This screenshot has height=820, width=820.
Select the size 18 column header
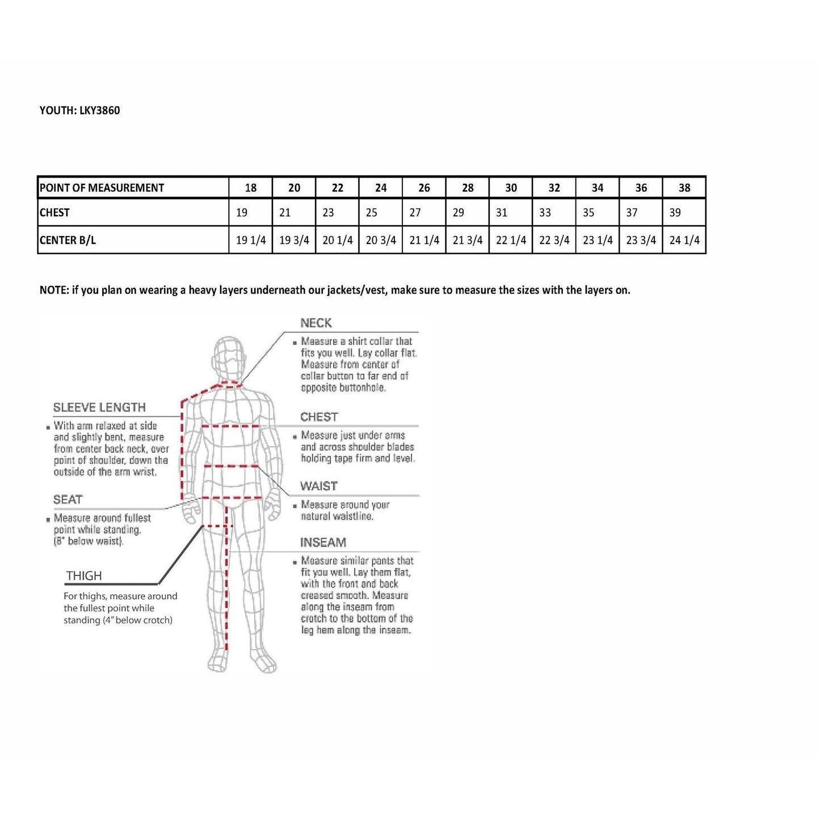[x=250, y=188]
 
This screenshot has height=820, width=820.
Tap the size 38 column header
[x=684, y=188]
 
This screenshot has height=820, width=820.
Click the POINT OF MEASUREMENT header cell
[x=102, y=188]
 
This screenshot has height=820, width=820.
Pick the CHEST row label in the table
[x=54, y=213]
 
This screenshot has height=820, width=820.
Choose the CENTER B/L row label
[x=68, y=240]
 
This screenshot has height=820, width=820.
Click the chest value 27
[x=415, y=213]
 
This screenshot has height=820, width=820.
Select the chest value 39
[x=675, y=213]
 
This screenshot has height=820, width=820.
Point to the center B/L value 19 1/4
[x=251, y=240]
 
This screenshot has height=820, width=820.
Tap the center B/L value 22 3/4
[x=554, y=240]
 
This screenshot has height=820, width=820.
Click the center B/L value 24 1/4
[x=684, y=240]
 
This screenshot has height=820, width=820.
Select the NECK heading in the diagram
[x=316, y=323]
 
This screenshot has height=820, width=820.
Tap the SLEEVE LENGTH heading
[x=99, y=407]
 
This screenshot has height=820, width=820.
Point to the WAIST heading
[x=319, y=486]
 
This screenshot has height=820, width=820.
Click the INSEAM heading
[x=323, y=543]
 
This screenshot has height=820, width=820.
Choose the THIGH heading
[x=84, y=576]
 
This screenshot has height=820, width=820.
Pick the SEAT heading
[x=68, y=499]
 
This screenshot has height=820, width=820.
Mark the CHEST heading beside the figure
[x=319, y=417]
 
